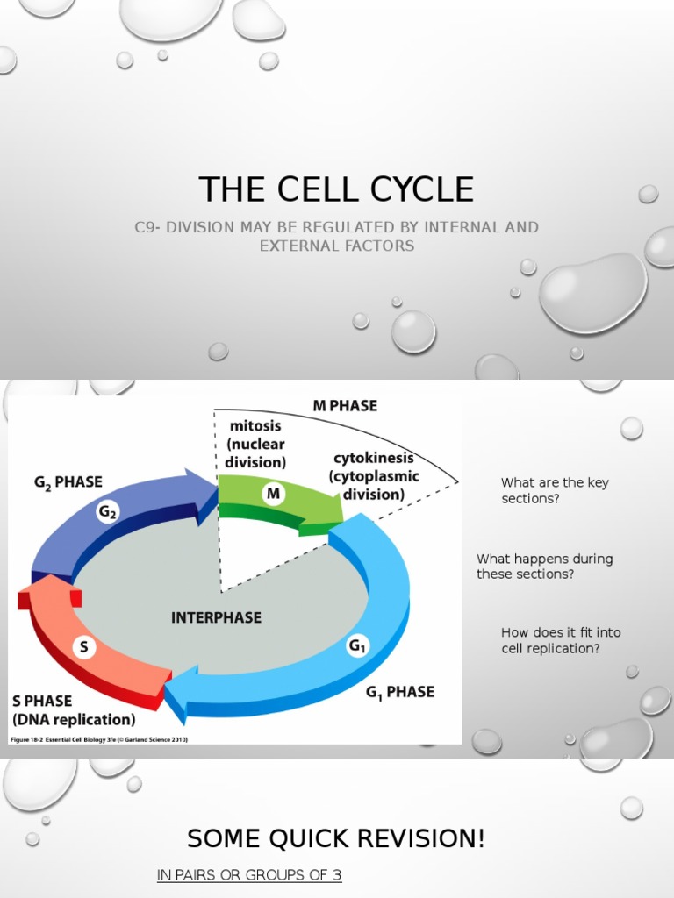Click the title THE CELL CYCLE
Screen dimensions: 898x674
pyautogui.click(x=336, y=189)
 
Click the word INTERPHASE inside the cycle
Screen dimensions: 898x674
pyautogui.click(x=215, y=617)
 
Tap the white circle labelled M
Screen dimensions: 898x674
pyautogui.click(x=273, y=495)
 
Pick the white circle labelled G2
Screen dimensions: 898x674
pyautogui.click(x=108, y=513)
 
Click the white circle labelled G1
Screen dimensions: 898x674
pyautogui.click(x=357, y=647)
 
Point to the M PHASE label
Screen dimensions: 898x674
pyautogui.click(x=345, y=406)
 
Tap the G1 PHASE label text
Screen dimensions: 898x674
pyautogui.click(x=399, y=692)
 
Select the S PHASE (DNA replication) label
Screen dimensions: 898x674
pyautogui.click(x=74, y=710)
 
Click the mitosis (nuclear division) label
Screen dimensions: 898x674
pyautogui.click(x=255, y=443)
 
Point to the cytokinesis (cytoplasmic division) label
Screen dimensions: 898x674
pyautogui.click(x=373, y=476)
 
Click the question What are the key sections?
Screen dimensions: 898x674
pyautogui.click(x=554, y=490)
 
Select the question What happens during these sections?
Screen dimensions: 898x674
pyautogui.click(x=544, y=567)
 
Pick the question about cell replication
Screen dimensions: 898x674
pyautogui.click(x=550, y=640)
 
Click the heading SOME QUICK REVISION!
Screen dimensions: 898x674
pyautogui.click(x=336, y=839)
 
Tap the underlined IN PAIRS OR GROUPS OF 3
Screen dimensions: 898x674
pyautogui.click(x=248, y=875)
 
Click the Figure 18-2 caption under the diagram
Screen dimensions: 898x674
pyautogui.click(x=98, y=739)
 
